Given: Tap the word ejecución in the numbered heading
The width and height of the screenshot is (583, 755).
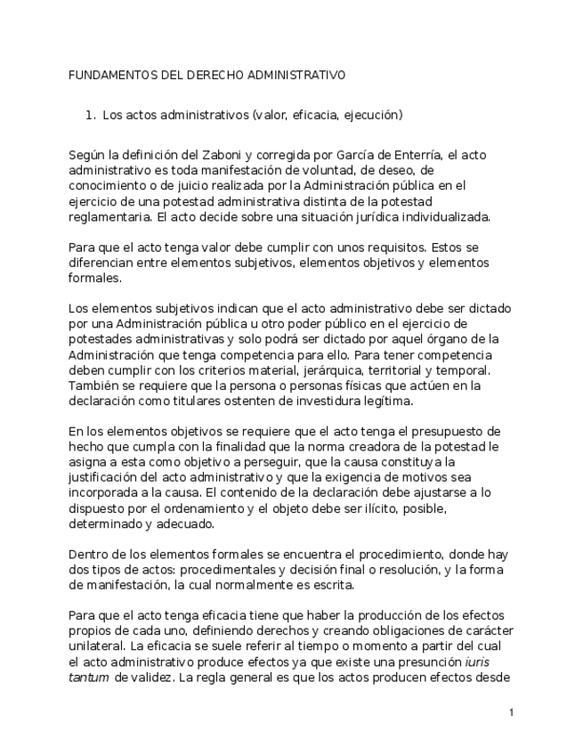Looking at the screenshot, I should (x=374, y=115).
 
